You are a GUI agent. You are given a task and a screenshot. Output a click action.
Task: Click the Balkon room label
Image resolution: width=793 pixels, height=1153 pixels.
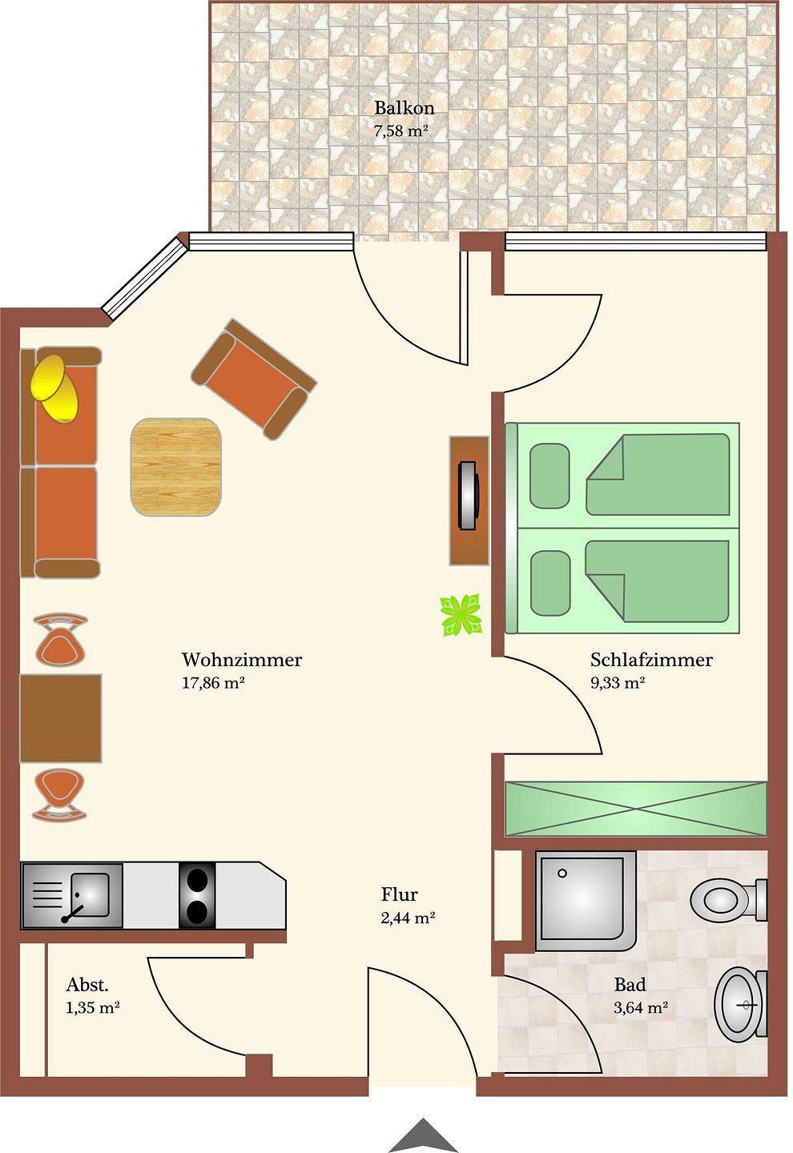click(x=404, y=108)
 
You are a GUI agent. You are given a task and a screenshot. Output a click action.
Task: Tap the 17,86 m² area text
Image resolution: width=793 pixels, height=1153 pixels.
click(x=213, y=683)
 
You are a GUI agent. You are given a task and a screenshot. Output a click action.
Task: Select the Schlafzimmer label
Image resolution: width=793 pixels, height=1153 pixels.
click(x=651, y=660)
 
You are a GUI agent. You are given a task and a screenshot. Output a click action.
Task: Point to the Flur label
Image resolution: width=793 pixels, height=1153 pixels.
click(x=399, y=894)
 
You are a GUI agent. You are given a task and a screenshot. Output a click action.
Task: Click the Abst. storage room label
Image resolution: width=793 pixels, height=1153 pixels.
click(x=87, y=985)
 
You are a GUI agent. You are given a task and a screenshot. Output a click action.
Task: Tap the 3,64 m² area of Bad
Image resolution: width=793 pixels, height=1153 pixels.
click(x=641, y=1007)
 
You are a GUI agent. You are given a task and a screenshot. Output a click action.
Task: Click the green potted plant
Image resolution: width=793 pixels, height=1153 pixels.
click(x=461, y=615)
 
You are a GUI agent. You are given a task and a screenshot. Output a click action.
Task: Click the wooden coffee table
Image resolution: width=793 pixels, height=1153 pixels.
click(x=176, y=466)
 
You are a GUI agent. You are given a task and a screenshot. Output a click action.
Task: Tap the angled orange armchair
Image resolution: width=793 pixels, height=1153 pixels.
click(x=254, y=378)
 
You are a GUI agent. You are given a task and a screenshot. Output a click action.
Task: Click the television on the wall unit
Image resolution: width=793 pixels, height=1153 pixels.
click(x=469, y=496)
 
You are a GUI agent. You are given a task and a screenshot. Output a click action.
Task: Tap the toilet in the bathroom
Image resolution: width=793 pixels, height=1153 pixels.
click(x=728, y=901)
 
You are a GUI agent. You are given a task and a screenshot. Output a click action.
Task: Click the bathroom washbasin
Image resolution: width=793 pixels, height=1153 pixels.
click(x=740, y=1003)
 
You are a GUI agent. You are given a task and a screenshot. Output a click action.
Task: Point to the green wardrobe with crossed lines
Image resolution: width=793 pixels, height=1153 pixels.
click(x=636, y=809)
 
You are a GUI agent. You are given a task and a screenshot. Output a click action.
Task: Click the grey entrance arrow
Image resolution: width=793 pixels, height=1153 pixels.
click(x=423, y=1135)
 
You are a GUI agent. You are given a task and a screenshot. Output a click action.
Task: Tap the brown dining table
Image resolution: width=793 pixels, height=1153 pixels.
click(x=61, y=718)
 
